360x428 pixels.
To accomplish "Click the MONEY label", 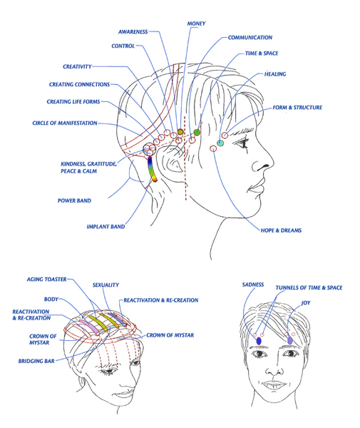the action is click(196, 24).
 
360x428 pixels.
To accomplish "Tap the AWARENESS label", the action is click(133, 32).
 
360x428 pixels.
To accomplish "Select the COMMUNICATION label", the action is click(250, 38).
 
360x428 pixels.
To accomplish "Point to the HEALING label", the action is click(275, 74).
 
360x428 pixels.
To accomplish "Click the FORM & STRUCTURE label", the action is click(297, 108).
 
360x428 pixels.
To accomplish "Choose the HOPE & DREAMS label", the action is click(281, 230).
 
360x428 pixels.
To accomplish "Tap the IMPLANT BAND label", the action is click(106, 227).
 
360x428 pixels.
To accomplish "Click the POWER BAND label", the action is click(74, 200).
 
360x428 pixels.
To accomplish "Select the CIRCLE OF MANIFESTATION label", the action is click(65, 123).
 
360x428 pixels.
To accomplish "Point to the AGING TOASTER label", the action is click(46, 280).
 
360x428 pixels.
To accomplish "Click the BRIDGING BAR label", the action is click(36, 361).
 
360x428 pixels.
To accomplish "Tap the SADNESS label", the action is click(253, 285).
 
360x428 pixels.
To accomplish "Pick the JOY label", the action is click(306, 303).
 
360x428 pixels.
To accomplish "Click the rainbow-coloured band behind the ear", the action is click(152, 169).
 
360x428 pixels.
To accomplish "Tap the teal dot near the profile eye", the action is click(220, 143).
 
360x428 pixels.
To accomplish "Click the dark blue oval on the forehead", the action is click(259, 341).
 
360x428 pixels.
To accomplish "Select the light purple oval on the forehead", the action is click(290, 340).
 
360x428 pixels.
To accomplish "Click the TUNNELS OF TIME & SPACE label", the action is click(309, 287).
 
